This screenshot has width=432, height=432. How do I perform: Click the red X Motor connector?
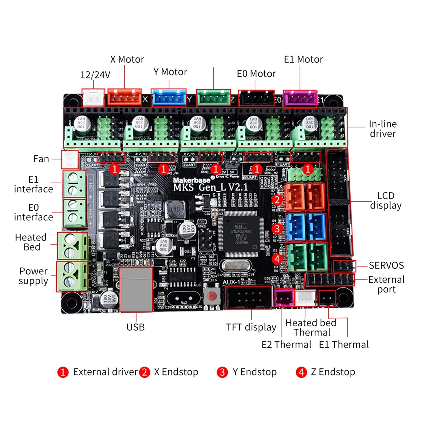pos(124,97)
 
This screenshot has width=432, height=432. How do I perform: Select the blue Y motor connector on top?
pos(169,98)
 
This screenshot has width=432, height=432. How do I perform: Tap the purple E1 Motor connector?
pos(300,99)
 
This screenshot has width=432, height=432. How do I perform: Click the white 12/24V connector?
pos(93,98)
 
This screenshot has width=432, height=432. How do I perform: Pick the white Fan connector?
pos(70,159)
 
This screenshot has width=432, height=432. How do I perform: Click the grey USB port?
pos(136,289)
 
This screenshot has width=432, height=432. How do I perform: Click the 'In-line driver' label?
pos(383,129)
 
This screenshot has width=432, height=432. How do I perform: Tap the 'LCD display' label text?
pos(386,200)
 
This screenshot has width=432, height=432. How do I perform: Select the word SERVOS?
pos(386,266)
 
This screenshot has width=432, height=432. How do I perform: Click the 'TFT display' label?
pos(251,327)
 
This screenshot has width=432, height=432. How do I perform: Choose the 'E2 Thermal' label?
pos(286,345)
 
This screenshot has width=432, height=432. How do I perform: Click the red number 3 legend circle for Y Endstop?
pos(222,372)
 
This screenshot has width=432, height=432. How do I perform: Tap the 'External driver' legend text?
pos(105,372)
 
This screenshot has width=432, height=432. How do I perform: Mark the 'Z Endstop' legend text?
pos(333,372)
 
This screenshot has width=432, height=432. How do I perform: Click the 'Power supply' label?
pos(33,276)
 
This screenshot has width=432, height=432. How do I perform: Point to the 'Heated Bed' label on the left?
pos(31,242)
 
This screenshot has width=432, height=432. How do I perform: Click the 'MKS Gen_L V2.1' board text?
pos(210,187)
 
